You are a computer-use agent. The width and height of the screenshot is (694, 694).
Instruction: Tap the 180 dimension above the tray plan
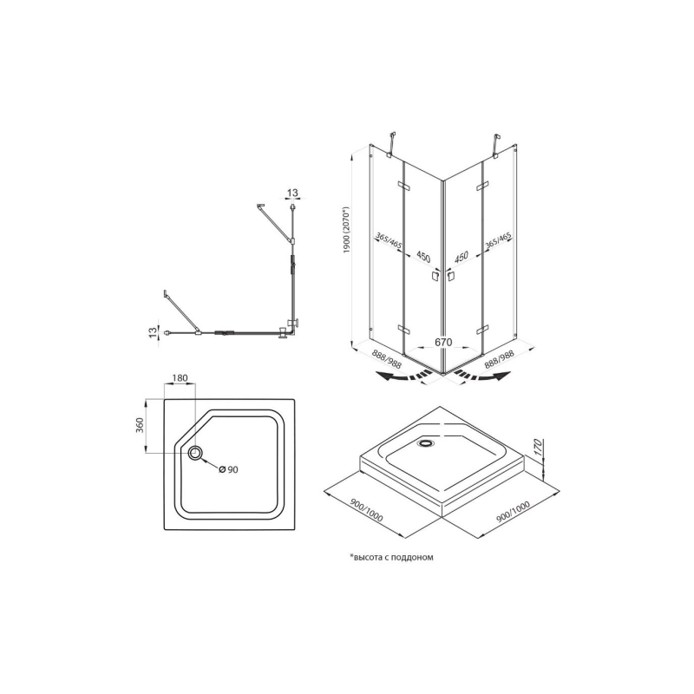coord(180,378)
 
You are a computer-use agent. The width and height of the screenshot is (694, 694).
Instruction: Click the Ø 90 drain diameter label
coord(229,469)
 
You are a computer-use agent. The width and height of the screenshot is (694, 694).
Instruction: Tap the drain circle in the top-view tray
coord(194,453)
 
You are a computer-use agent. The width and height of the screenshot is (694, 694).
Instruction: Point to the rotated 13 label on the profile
coord(154,331)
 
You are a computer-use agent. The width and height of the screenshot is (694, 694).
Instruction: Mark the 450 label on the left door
coord(423,257)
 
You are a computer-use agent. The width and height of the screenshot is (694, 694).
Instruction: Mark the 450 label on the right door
coord(462,257)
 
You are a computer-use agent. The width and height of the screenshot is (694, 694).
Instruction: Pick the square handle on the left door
coord(436,277)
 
